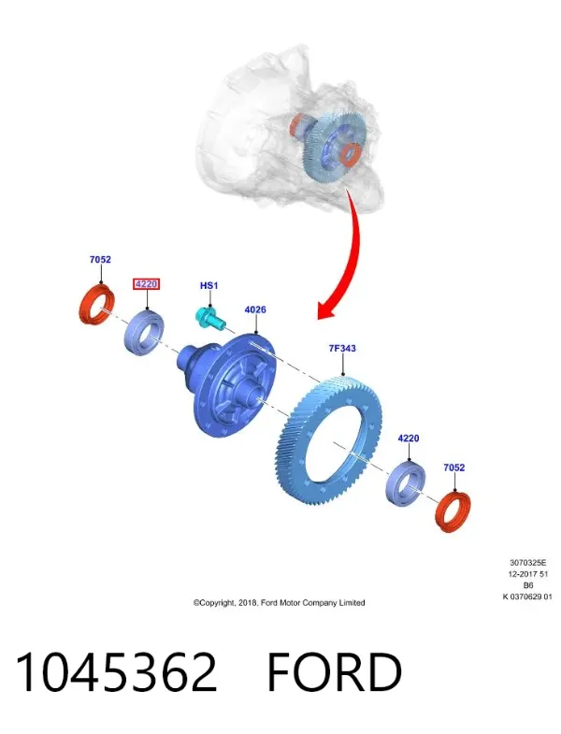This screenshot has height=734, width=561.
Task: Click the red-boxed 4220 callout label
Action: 146,283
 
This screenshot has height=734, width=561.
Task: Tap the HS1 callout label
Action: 209,285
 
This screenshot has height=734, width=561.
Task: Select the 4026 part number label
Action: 255,309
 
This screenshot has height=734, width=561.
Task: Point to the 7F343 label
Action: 342,348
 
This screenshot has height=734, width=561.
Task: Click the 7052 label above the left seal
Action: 100,259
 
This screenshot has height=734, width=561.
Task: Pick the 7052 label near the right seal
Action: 454,468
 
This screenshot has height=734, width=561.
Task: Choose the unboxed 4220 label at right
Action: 409,439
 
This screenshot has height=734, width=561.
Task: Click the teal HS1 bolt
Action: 209,318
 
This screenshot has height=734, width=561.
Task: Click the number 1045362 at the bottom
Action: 116,672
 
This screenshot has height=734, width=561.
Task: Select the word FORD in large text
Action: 335,672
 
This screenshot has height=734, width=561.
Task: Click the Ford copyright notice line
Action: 279,603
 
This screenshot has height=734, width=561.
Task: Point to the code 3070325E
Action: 527,563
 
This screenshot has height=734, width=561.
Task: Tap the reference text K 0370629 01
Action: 527,597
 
